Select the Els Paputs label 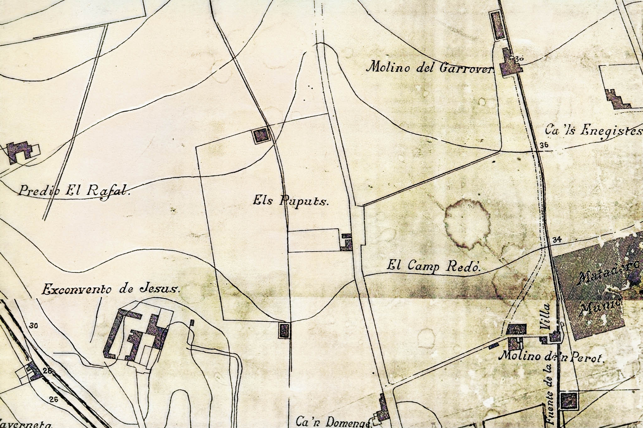tap(290, 201)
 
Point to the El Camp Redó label tap(434, 266)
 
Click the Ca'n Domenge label tap(333, 422)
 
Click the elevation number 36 tap(544, 145)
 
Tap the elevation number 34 tap(557, 240)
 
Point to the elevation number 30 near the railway tap(34, 326)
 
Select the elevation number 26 tap(54, 399)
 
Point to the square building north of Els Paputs tap(261, 136)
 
